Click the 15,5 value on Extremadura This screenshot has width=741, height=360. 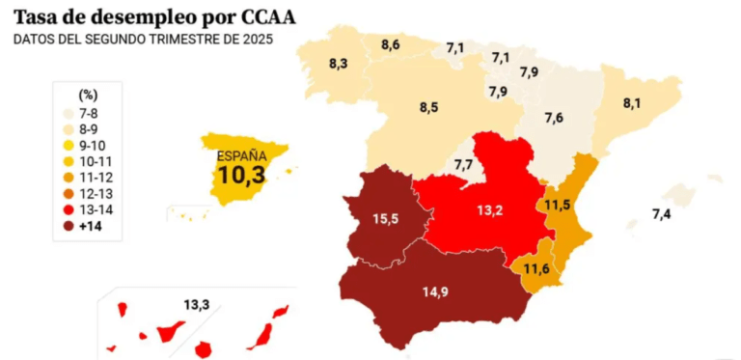tap(384, 219)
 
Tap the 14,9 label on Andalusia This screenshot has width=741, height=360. tap(435, 292)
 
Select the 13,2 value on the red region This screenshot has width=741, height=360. tap(489, 209)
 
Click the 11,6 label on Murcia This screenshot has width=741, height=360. tap(535, 269)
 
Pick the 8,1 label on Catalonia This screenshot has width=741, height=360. tap(631, 103)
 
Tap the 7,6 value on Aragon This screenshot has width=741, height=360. tap(554, 118)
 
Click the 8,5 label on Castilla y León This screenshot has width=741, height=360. tap(428, 107)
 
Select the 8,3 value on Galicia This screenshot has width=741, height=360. tap(339, 64)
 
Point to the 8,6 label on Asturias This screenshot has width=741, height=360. tap(391, 45)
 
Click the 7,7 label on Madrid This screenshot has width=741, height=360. tap(463, 165)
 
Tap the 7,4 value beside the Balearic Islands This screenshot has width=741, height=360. tap(662, 215)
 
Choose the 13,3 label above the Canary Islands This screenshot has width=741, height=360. tap(197, 305)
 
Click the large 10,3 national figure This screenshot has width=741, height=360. tap(241, 175)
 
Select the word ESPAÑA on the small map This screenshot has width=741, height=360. tap(241, 156)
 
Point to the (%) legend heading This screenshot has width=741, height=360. tap(88, 96)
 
